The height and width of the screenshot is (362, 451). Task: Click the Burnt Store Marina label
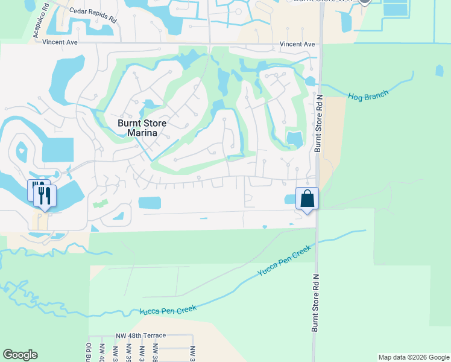point(138,127)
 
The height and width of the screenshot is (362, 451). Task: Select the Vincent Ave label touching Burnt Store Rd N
point(298,44)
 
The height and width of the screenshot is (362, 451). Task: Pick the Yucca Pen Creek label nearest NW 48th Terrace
point(168,310)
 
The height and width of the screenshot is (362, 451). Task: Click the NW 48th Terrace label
point(140,335)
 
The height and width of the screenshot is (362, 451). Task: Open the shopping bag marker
point(307,198)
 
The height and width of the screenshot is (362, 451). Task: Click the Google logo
point(20,354)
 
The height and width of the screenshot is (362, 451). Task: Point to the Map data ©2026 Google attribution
point(414,357)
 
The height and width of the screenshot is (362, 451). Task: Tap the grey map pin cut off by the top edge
point(364,2)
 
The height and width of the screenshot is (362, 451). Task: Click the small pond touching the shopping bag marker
point(289,199)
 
